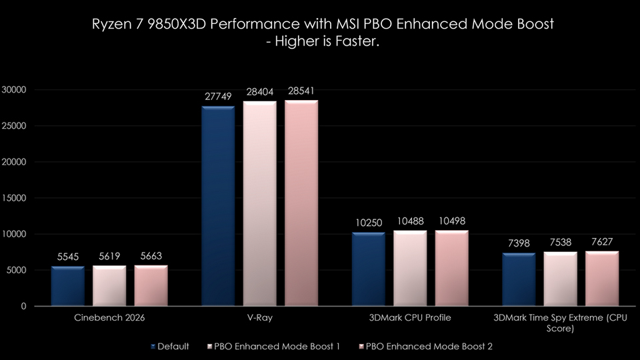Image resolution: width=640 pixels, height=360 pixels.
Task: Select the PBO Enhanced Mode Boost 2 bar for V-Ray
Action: click(x=301, y=203)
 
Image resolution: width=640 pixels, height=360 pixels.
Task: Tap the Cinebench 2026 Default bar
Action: click(x=68, y=286)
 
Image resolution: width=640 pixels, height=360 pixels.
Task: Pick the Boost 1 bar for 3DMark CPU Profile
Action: click(x=410, y=268)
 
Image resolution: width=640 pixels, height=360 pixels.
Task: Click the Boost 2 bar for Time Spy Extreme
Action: click(x=602, y=279)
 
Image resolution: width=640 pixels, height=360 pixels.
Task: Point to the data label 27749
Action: click(x=218, y=97)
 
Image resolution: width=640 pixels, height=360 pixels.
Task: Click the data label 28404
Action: click(x=260, y=92)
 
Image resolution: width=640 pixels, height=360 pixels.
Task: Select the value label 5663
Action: click(x=151, y=256)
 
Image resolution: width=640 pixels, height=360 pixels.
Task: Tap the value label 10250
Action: click(x=368, y=223)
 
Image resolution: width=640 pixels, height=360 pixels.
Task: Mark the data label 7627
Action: click(x=602, y=242)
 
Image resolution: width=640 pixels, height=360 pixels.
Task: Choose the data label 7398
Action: click(x=518, y=243)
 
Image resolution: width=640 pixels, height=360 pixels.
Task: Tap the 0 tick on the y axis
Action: click(x=23, y=306)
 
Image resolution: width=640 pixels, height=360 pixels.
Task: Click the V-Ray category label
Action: click(x=259, y=318)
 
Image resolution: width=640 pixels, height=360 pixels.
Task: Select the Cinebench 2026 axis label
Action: click(x=109, y=318)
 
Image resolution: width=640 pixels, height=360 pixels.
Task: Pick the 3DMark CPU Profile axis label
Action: click(x=409, y=318)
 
